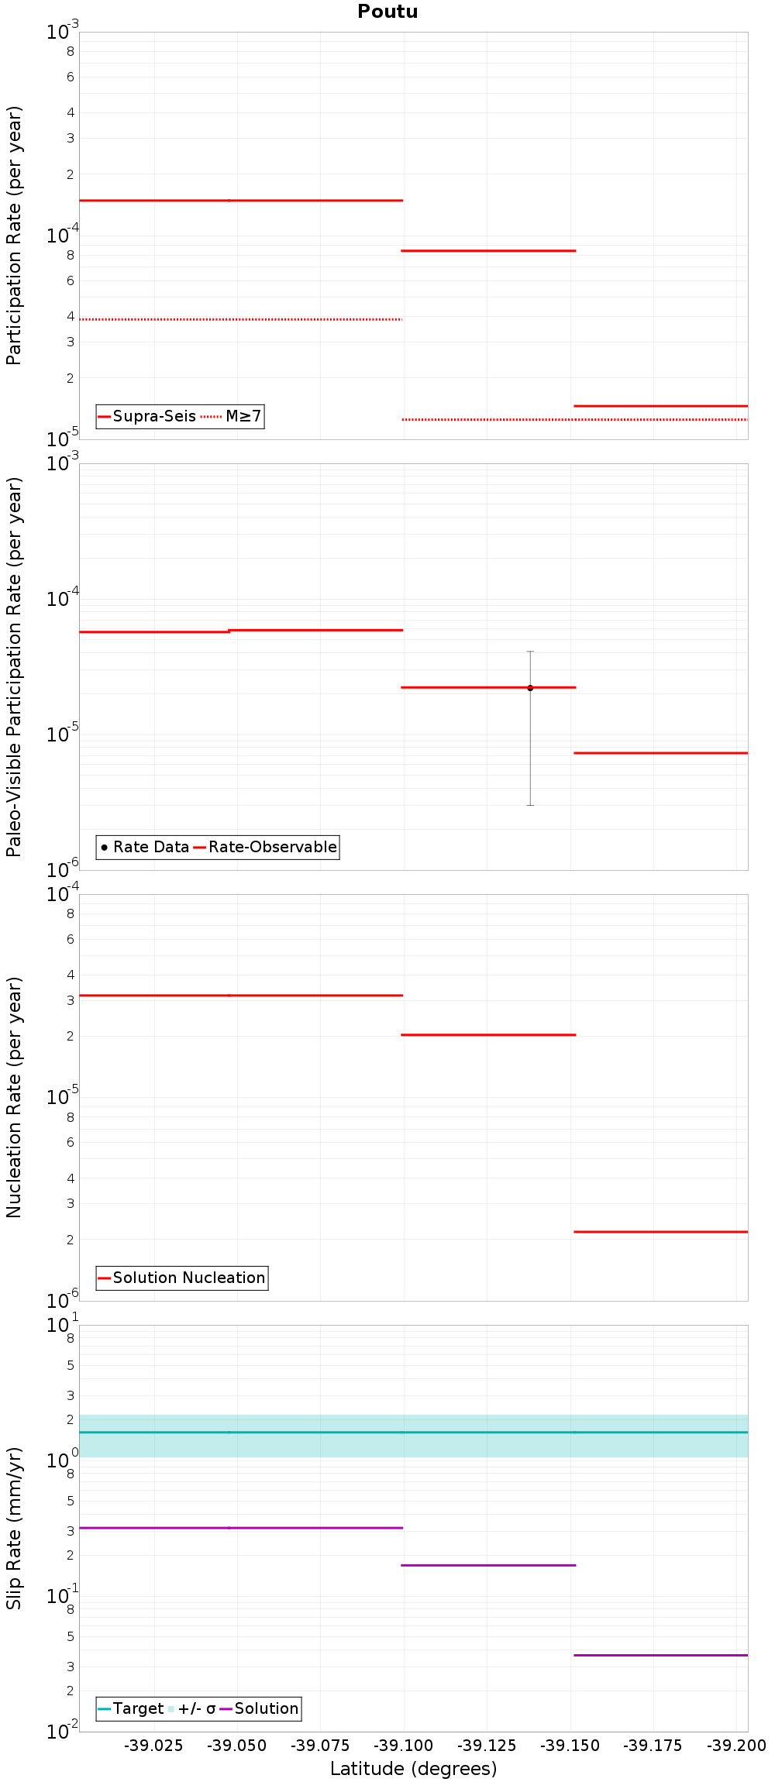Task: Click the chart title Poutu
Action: tap(387, 12)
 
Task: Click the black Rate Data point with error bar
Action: tap(530, 688)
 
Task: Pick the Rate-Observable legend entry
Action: tap(272, 847)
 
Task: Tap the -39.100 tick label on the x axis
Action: tap(403, 1746)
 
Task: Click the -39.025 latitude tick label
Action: tap(153, 1746)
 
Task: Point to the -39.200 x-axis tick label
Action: tap(736, 1746)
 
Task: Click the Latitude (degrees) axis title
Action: tap(413, 1769)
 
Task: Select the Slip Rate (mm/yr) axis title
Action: tap(14, 1529)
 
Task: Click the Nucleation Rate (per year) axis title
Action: tap(14, 1097)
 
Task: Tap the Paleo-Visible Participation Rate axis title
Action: tap(14, 666)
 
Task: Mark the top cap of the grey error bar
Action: tap(530, 652)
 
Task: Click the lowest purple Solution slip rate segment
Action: tap(660, 1655)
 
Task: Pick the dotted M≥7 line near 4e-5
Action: tap(240, 319)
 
